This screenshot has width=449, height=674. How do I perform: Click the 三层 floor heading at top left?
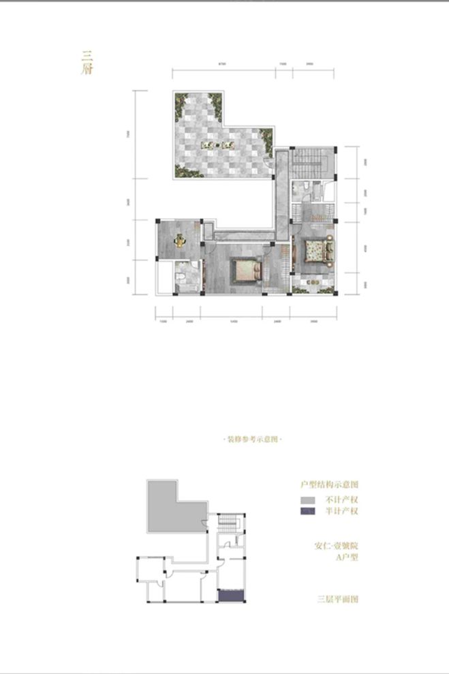pyautogui.click(x=87, y=63)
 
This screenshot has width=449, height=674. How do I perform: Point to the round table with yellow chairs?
pyautogui.click(x=179, y=240)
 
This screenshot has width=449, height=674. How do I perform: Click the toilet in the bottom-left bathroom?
pyautogui.click(x=180, y=277)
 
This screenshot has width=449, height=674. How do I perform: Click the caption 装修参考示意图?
pyautogui.click(x=252, y=440)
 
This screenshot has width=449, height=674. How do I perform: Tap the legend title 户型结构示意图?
pyautogui.click(x=330, y=484)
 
